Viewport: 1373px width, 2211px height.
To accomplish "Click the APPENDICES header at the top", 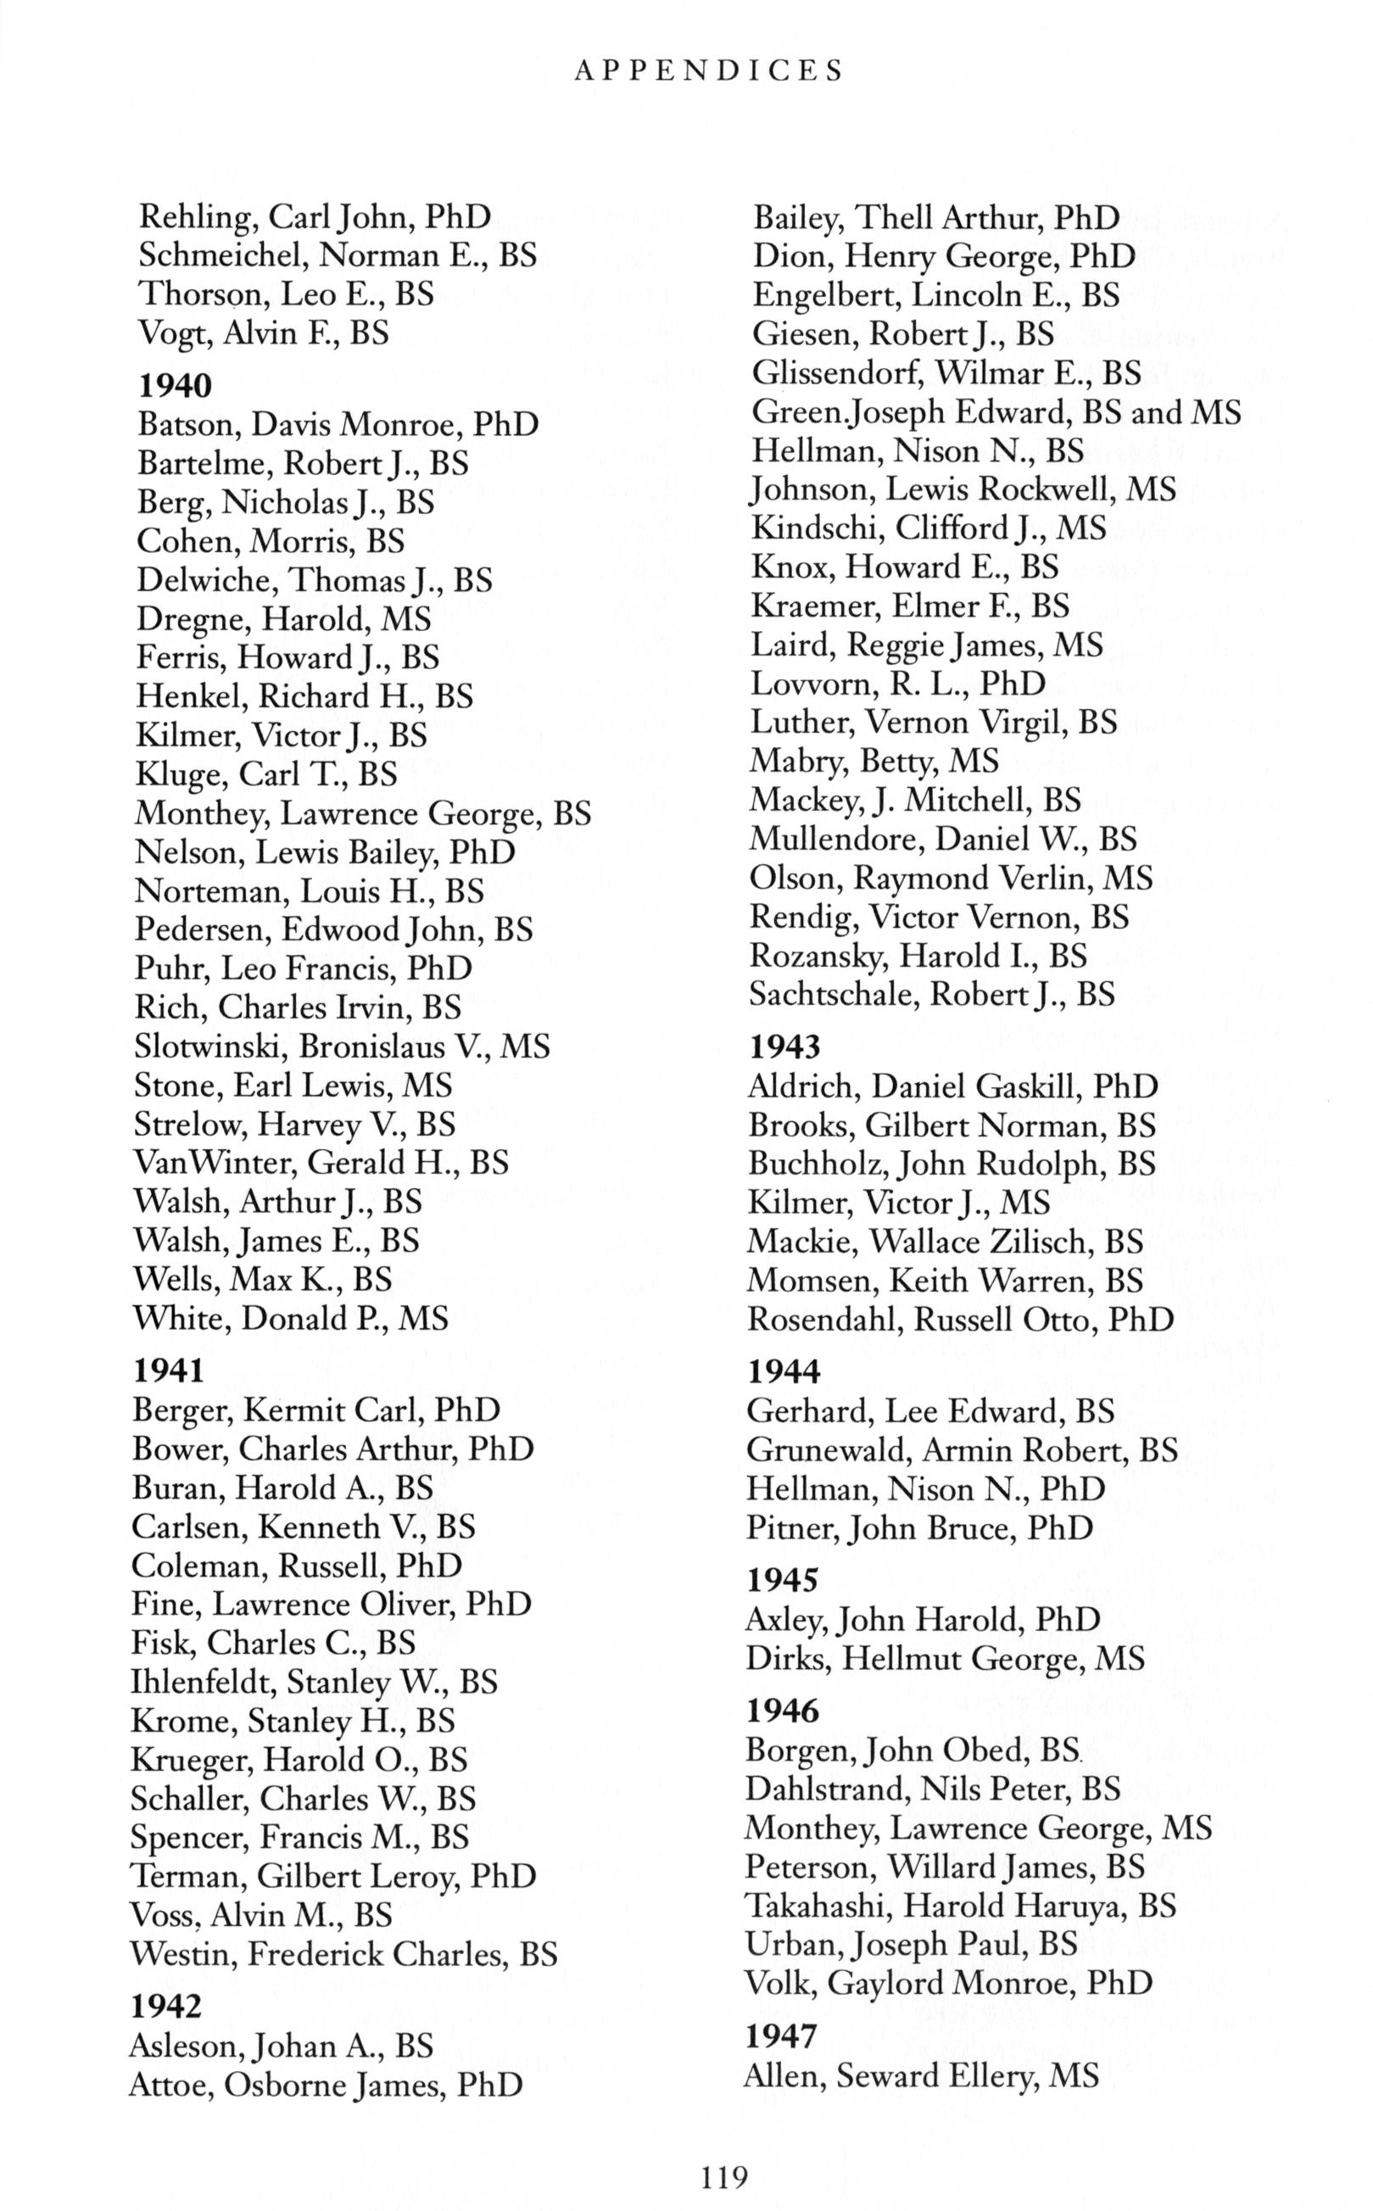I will (709, 71).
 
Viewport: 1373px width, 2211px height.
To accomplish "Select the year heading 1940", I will (175, 386).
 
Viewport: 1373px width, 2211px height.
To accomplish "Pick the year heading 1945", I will (782, 1580).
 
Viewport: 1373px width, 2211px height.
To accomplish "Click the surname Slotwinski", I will (210, 1046).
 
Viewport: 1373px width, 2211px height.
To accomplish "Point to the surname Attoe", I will (170, 2085).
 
